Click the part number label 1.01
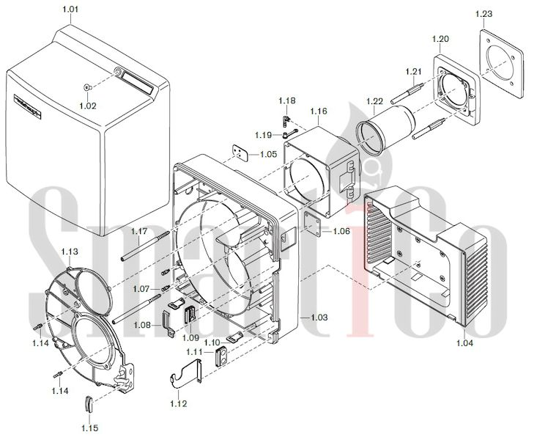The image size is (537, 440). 67,9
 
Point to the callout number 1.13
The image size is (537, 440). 70,251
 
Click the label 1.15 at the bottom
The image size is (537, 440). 90,427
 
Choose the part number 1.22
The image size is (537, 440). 374,100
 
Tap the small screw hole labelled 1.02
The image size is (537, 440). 87,88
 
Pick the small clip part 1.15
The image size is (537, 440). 89,404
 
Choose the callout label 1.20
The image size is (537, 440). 441,37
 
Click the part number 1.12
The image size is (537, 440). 178,403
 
